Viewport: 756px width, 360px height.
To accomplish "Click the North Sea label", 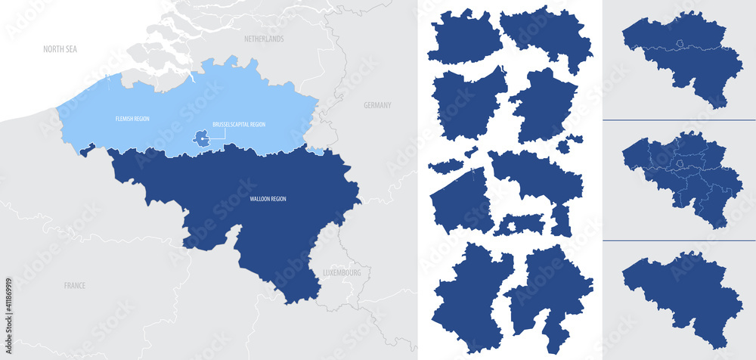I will pos(60,49).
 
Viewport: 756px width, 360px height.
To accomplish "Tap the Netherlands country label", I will pos(264,39).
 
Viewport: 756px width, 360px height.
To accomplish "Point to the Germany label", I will pos(377,106).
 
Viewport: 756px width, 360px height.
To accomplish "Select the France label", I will pos(74,286).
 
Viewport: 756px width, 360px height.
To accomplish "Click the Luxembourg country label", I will pos(342,272).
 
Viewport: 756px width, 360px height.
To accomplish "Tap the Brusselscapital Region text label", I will pos(240,124).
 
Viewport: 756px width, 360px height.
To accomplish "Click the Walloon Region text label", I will pos(268,199).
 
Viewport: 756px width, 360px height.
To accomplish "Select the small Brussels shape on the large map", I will pos(201,138).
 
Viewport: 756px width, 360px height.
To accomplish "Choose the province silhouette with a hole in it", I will pos(519,225).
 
